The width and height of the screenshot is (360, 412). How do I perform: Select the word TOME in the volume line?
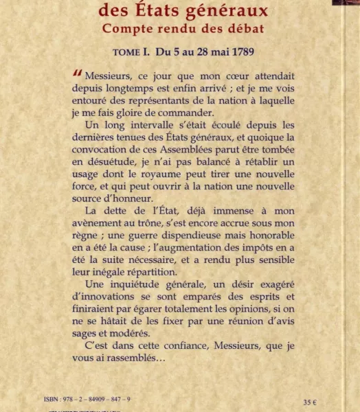click(129, 52)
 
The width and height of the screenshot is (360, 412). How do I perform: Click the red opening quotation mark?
click(78, 73)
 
